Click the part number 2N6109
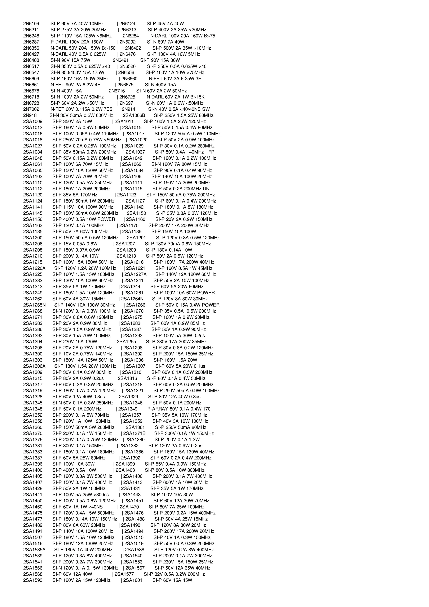click(x=31, y=23)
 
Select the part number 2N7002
click(x=31, y=109)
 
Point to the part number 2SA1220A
click(x=34, y=268)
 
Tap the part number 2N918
click(x=30, y=115)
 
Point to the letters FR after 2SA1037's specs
click(x=211, y=152)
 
